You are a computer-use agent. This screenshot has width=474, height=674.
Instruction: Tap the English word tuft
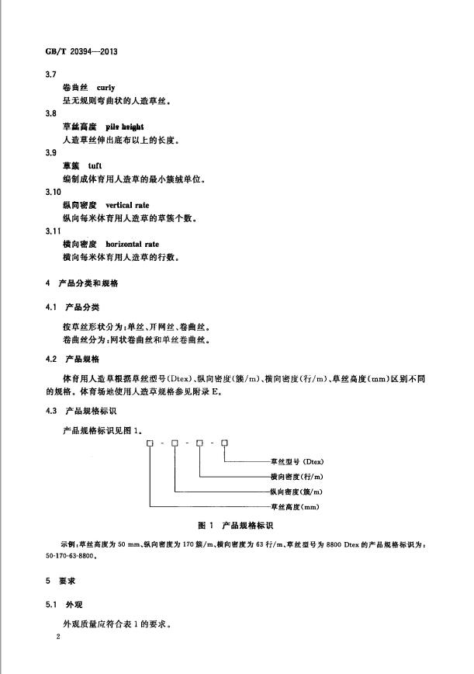pos(95,165)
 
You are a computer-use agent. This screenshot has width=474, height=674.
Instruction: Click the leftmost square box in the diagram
pos(150,443)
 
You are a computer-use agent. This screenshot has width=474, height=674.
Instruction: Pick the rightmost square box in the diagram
pos(224,443)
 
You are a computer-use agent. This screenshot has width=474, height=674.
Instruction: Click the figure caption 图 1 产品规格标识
pos(236,526)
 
